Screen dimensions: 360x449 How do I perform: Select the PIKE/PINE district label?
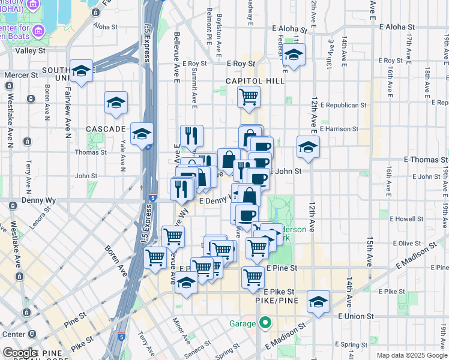tap(273, 300)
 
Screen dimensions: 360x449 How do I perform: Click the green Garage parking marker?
tap(265, 323)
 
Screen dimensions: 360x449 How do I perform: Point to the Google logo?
tap(20, 353)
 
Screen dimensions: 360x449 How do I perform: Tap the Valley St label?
tap(30, 52)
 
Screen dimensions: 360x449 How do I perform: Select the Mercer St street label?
tap(22, 76)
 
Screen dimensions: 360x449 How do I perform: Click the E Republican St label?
tap(343, 105)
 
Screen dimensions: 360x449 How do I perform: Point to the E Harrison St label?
tap(339, 128)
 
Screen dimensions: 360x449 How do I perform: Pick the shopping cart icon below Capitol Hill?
tap(249, 96)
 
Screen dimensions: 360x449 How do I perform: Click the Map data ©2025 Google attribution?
tap(411, 355)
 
